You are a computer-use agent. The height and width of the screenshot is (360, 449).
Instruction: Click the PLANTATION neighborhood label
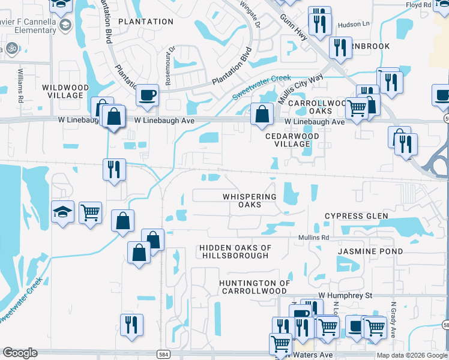coord(146,22)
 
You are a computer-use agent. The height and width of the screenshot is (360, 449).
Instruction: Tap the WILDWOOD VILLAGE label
coord(65,91)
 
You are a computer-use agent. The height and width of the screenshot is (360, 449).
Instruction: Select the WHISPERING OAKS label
coord(250,200)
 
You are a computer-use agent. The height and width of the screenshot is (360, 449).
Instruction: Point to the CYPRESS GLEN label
coord(357,216)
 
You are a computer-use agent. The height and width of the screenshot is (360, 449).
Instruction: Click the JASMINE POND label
coord(370,251)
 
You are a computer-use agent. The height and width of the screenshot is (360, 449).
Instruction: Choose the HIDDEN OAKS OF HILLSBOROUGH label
coord(235,251)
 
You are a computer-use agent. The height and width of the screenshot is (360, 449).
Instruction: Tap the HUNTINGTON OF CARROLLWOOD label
coord(255,287)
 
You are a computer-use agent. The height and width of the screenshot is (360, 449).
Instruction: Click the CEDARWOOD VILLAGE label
coord(292,140)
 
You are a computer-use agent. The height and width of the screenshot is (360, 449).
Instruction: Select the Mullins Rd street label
coord(315,238)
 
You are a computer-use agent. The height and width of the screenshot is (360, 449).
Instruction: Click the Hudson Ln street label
coord(354,24)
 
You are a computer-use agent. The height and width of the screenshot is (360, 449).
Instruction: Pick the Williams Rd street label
coord(20,85)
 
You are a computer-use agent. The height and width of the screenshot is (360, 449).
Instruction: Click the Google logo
coord(20,353)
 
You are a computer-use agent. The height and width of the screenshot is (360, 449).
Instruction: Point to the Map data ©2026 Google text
coord(412,355)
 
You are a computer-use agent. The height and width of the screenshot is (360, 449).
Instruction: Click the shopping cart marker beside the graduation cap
coord(89,212)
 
